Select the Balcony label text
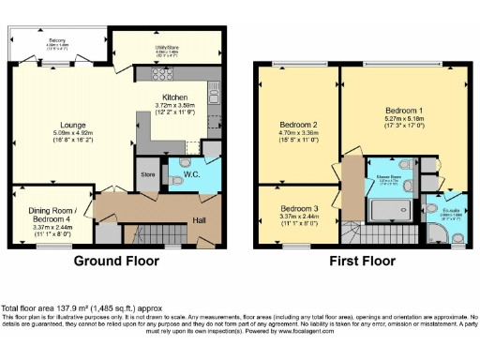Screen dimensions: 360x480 pyautogui.click(x=57, y=39)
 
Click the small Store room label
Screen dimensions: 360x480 pyautogui.click(x=146, y=173)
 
